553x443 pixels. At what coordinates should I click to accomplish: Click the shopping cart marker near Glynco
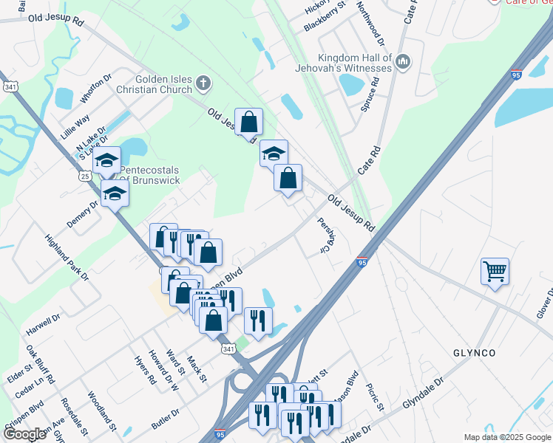494,270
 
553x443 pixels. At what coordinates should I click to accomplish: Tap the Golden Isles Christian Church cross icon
203,84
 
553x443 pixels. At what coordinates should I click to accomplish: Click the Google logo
24,434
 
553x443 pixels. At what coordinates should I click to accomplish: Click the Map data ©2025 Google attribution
507,437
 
